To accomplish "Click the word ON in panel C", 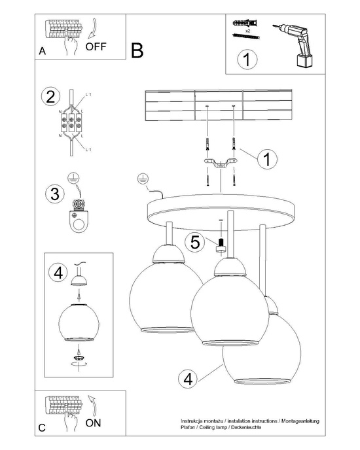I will point(94,423).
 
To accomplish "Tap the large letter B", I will point(136,51).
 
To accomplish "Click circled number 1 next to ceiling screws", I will point(266,158).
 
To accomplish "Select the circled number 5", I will point(194,241).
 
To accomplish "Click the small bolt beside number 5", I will point(221,245).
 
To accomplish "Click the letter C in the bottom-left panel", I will point(41,428).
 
